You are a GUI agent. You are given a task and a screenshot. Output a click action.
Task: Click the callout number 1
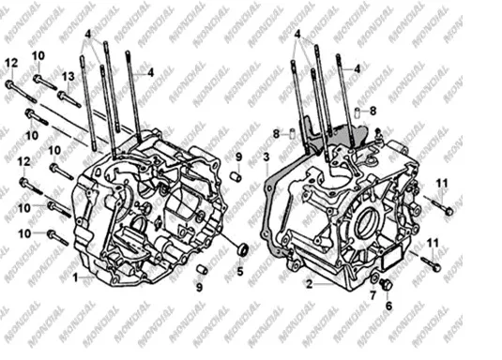point(75,277)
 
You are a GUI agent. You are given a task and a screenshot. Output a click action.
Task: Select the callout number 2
point(309,284)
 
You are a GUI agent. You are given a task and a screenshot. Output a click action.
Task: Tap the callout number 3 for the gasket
point(266,157)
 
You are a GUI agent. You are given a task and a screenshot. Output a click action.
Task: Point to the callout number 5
point(240,272)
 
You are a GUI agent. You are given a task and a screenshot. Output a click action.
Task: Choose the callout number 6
point(388,306)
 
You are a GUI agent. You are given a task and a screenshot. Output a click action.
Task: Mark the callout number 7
point(373,295)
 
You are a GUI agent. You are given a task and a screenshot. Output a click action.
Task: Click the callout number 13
point(68,76)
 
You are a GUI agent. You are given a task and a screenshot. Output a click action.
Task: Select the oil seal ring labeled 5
point(242,249)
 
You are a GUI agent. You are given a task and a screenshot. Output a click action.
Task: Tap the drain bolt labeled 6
point(386,284)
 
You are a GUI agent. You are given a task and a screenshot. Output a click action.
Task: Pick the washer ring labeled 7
point(374,278)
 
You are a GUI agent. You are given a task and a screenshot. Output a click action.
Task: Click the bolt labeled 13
point(68,99)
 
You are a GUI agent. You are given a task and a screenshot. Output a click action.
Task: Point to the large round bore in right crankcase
point(364,222)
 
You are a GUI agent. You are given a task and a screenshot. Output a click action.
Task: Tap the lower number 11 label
point(433,244)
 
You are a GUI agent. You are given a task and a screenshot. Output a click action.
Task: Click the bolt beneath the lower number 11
point(431,262)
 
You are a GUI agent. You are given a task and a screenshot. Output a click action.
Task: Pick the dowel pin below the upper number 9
point(236,176)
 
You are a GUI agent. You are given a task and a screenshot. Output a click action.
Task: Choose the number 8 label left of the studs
point(276,134)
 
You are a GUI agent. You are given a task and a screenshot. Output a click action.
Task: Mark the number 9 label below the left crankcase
point(199,288)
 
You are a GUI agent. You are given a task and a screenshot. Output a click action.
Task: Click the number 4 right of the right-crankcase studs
point(357,68)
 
